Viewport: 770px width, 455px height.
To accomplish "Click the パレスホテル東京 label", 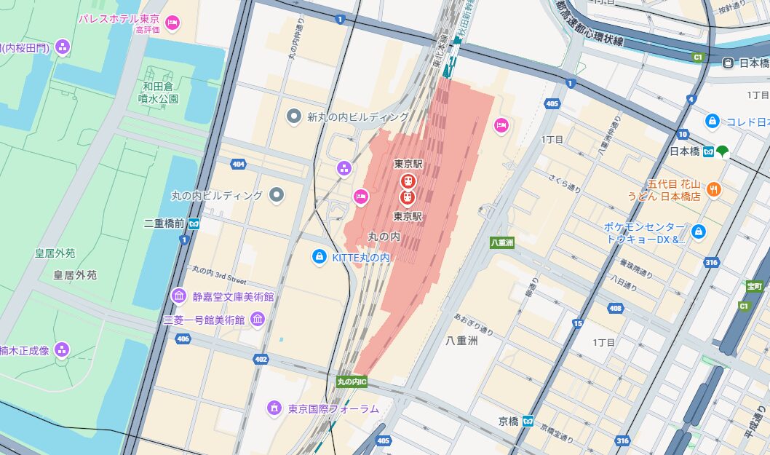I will tap(119, 18).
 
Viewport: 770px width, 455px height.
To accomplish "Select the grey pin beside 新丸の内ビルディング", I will tap(294, 116).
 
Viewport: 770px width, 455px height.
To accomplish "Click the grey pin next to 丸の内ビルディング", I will tap(277, 194).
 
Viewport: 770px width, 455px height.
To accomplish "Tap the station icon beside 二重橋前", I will tap(194, 223).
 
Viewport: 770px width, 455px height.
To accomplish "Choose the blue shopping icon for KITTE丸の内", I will tap(318, 256).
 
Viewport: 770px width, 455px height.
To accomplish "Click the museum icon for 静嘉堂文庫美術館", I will tap(178, 296).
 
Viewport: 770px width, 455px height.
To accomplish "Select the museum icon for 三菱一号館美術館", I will tap(257, 319).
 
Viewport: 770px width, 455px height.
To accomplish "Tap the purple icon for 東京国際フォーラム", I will tap(274, 408).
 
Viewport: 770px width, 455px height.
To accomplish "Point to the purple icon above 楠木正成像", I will tap(62, 350).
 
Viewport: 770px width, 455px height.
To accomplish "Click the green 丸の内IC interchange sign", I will tap(352, 381).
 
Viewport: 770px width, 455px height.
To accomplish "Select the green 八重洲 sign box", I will tap(501, 242).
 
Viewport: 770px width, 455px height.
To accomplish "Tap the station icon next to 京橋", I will tap(528, 421).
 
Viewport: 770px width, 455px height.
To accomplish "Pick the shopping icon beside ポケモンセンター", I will tap(699, 232).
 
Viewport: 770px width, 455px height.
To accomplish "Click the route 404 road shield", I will tap(238, 165).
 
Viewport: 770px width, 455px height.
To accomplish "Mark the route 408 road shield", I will tap(616, 309).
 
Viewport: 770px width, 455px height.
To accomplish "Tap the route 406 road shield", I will tap(183, 339).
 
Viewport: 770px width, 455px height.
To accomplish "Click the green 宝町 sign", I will tap(753, 286).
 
